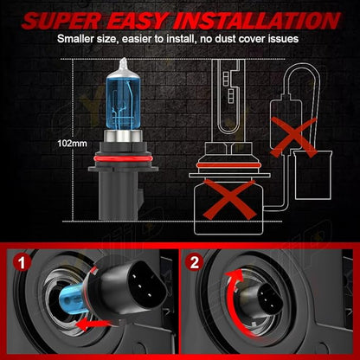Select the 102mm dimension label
(72, 143)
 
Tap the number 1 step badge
(22, 262)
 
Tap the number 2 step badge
(194, 262)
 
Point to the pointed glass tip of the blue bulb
(124, 61)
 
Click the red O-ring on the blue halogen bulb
(123, 159)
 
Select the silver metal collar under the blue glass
(123, 137)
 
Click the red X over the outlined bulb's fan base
(229, 199)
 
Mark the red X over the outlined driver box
(293, 137)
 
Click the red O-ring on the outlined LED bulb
(229, 165)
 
